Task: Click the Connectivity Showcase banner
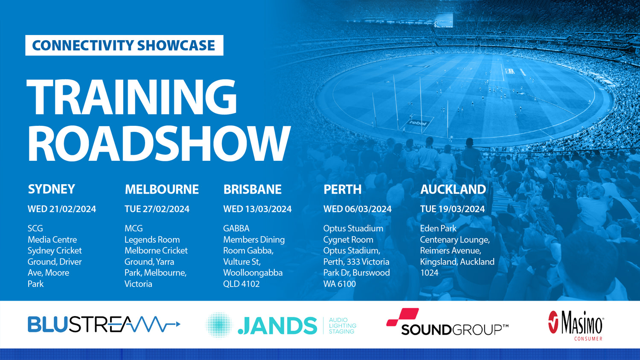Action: tap(124, 45)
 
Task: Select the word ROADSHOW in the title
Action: tap(159, 143)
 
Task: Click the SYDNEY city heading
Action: tap(51, 189)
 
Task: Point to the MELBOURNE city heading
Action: tap(161, 189)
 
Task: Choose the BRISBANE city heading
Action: tap(252, 189)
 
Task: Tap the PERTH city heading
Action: tap(342, 189)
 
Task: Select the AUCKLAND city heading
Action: tap(453, 189)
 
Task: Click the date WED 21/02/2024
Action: tap(62, 209)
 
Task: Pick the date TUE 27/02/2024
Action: tap(157, 209)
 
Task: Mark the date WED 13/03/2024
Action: tap(257, 209)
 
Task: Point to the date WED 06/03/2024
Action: tap(357, 209)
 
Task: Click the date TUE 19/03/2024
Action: tap(452, 209)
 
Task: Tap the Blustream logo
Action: tap(104, 325)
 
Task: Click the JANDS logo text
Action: tap(277, 326)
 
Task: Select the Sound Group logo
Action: tap(447, 323)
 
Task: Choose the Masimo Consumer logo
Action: tap(576, 325)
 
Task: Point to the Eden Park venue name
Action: tap(438, 229)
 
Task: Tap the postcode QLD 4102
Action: tap(241, 284)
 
